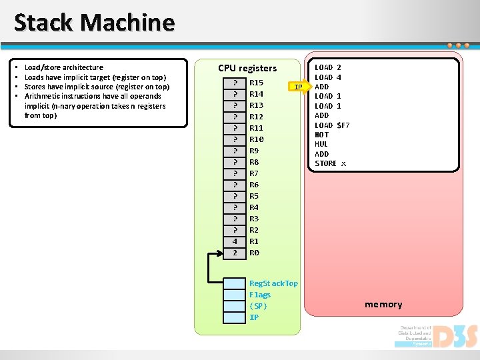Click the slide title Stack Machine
tap(94, 23)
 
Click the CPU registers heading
tap(247, 68)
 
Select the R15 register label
tap(256, 83)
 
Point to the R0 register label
tap(254, 253)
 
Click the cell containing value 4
tap(235, 241)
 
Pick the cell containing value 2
tap(235, 253)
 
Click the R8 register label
tap(254, 162)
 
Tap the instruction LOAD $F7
tap(332, 125)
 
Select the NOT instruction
tap(321, 135)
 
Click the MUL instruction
tap(321, 144)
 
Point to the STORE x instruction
tap(330, 163)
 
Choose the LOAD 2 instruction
tap(327, 67)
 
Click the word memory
tap(383, 305)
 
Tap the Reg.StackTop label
tap(273, 283)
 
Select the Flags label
tap(260, 295)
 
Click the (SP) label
tap(257, 306)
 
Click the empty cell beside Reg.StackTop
tap(235, 283)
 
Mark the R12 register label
tap(256, 117)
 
